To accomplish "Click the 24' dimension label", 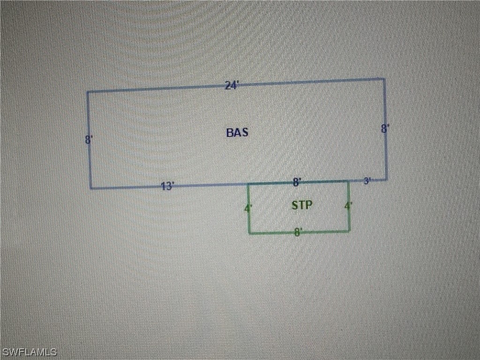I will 232,85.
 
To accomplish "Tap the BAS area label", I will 237,133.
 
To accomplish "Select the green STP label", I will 302,205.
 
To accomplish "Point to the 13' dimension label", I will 167,187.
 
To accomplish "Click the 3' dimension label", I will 367,181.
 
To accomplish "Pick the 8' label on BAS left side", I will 89,140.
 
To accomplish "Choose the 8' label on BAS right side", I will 385,129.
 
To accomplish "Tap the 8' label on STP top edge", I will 297,182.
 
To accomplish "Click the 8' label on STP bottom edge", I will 298,232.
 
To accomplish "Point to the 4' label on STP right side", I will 348,206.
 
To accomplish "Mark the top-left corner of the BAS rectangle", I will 87,92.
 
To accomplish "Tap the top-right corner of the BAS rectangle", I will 385,79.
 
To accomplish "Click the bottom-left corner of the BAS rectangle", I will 90,189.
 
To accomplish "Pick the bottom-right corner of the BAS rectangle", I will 387,179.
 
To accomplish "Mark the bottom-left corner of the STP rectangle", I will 249,233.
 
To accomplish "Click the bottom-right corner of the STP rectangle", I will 350,231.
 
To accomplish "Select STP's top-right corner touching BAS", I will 348,180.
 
